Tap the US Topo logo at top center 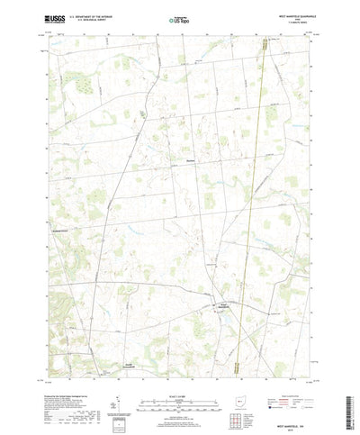point(178,18)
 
